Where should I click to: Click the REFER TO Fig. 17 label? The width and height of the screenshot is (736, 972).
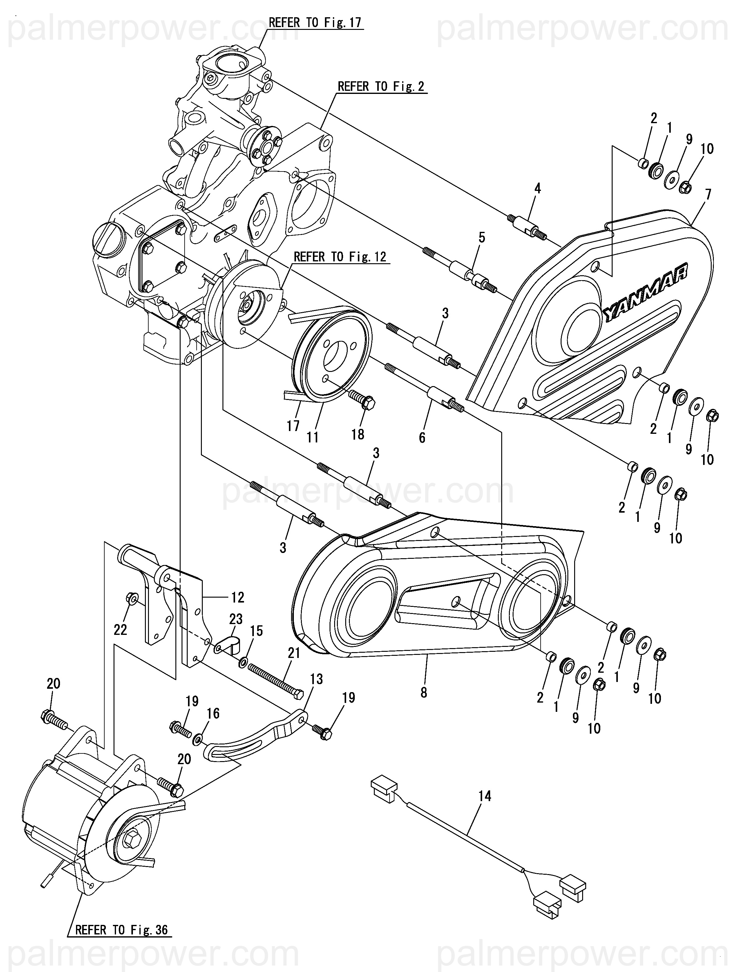315,22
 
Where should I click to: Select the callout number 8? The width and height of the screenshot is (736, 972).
423,693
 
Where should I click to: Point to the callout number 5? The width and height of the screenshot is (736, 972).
482,238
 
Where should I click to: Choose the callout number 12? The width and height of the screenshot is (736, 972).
237,597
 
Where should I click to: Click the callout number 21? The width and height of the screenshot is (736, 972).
294,665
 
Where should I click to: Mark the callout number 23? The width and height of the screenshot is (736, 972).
236,619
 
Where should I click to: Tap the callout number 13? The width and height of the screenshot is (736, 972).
316,679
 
